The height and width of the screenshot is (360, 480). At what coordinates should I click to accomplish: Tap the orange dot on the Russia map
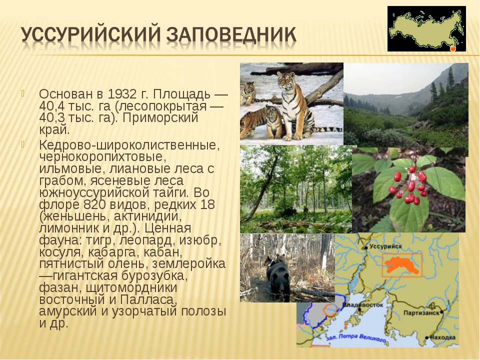453,48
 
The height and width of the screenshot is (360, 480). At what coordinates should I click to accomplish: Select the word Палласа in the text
149,299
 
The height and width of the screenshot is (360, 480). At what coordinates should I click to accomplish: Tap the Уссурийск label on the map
385,246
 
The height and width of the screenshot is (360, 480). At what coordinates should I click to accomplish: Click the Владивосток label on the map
363,305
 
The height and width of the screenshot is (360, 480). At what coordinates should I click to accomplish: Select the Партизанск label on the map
421,313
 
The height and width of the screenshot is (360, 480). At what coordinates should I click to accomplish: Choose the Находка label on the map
442,337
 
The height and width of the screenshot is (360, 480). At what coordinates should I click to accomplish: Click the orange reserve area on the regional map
401,265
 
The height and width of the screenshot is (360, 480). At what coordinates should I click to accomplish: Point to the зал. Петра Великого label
355,337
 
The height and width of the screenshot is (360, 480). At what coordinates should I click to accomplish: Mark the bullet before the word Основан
22,93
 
